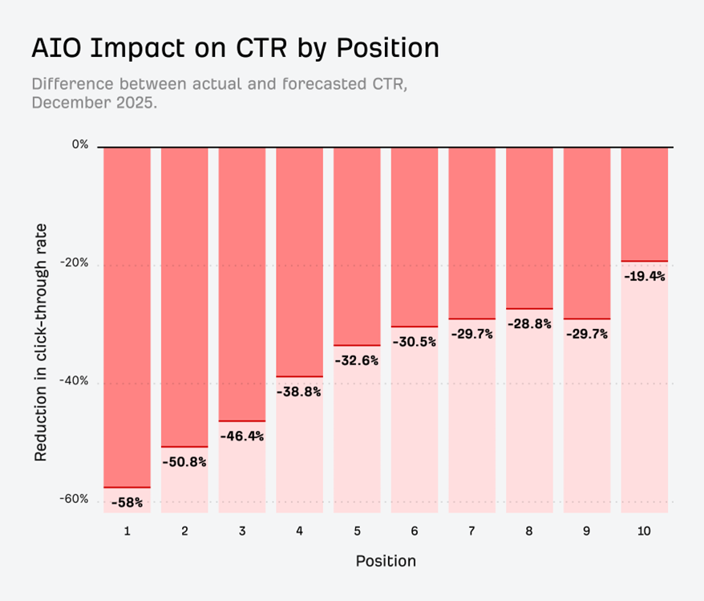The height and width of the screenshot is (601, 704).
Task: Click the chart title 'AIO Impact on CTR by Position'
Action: click(x=235, y=48)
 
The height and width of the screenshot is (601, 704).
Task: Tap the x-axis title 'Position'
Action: click(x=386, y=560)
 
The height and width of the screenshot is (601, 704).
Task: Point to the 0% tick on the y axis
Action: click(x=80, y=145)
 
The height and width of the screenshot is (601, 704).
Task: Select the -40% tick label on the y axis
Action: click(x=75, y=382)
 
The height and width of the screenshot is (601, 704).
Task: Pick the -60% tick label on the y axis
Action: click(x=75, y=499)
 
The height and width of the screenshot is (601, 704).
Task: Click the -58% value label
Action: click(x=127, y=502)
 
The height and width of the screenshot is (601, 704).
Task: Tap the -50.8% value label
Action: click(x=184, y=462)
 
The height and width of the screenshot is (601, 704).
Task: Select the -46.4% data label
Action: click(x=242, y=437)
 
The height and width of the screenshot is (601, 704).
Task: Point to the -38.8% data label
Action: click(x=299, y=392)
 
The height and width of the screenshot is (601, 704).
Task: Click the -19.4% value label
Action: click(x=645, y=276)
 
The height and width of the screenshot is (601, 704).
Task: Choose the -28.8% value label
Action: click(x=529, y=323)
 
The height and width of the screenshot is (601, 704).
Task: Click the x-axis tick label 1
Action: click(x=127, y=530)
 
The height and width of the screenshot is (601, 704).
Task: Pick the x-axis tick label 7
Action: click(x=471, y=530)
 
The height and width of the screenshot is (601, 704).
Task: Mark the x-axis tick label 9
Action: click(x=587, y=530)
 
